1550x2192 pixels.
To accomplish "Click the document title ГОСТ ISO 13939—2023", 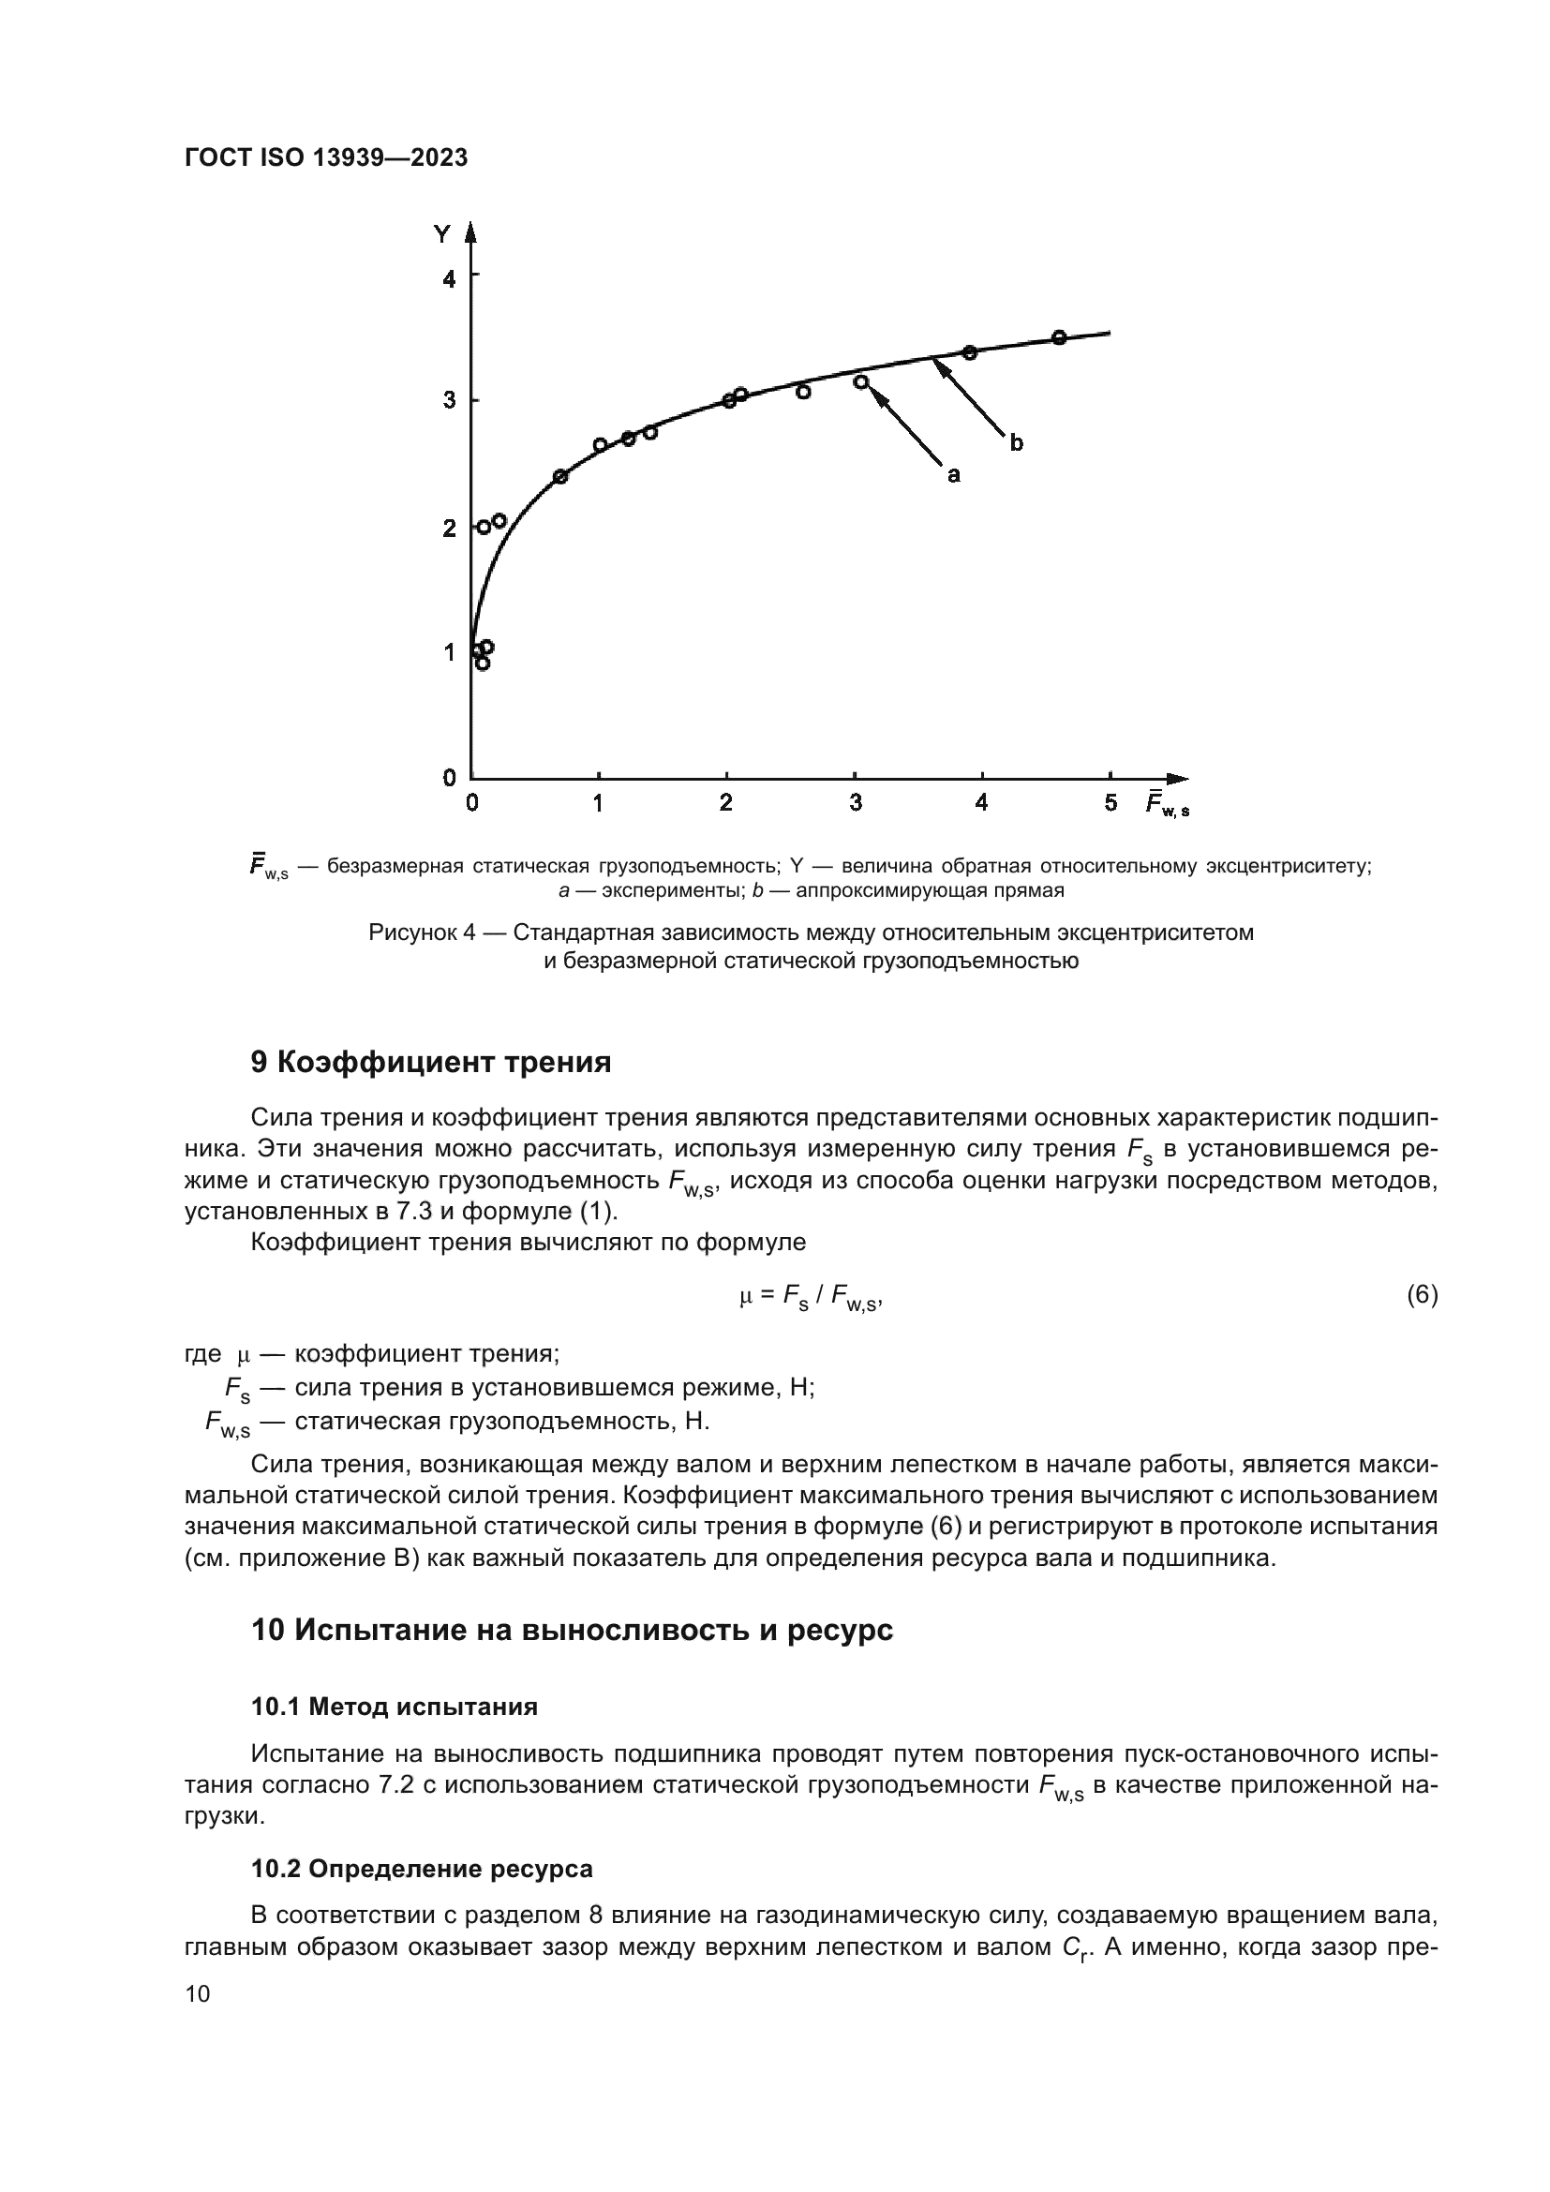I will (325, 158).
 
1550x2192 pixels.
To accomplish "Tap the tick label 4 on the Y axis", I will (449, 278).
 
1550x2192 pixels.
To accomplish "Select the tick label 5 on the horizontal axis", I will (1111, 803).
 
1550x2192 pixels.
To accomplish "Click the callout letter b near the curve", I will (1017, 443).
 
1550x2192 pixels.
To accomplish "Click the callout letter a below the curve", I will (952, 474).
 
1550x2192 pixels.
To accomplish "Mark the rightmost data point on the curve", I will (1058, 337).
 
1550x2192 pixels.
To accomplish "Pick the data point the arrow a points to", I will (861, 381).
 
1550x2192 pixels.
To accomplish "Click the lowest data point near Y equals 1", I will (482, 664).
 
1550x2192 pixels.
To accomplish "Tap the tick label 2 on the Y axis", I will (449, 528).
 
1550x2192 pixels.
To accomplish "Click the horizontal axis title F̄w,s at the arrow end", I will (1168, 804).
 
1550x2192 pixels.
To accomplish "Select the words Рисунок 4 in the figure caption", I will (421, 932).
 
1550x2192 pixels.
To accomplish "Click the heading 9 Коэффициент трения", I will (430, 1063).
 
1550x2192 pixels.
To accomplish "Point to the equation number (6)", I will (1423, 1294).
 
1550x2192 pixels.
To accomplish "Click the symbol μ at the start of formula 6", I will (746, 1295).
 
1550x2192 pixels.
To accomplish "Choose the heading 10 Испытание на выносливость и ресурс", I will (572, 1630).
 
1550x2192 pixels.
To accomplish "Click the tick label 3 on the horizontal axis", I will (856, 803).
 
